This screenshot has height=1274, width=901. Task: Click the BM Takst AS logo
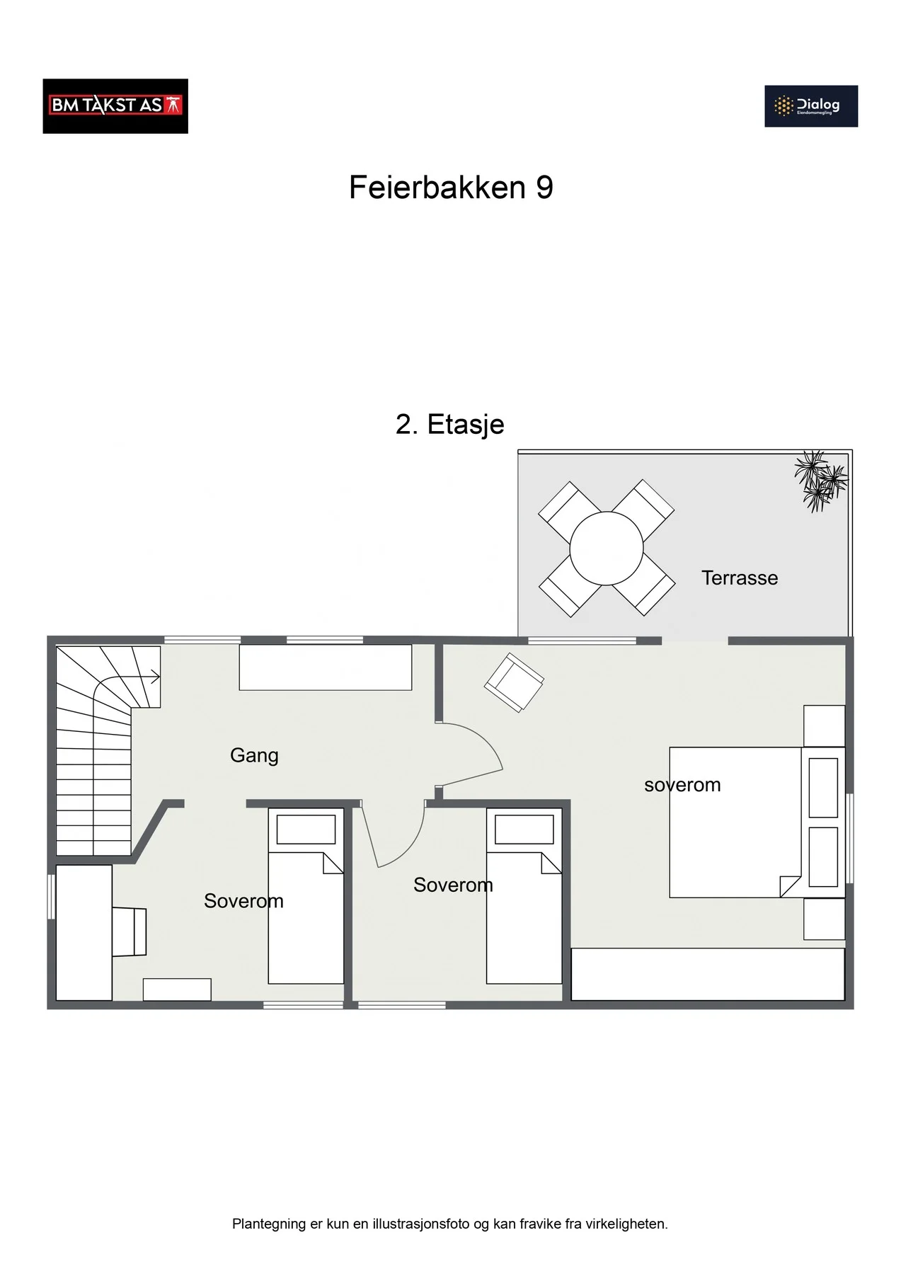[115, 106]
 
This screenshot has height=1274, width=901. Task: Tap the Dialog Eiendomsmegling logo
[811, 106]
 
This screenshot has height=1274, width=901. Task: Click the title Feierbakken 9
[451, 188]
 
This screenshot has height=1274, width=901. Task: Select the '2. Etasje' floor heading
[450, 425]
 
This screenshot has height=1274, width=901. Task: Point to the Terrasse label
[740, 578]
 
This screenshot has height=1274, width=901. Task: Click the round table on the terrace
[607, 548]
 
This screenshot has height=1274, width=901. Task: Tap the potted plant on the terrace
[820, 481]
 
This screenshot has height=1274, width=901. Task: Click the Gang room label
[254, 756]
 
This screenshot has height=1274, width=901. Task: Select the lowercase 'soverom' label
[682, 785]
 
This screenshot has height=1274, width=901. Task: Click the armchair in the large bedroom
[514, 682]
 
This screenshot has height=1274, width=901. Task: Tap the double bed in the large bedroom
[757, 822]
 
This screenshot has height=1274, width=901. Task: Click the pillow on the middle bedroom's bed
[524, 830]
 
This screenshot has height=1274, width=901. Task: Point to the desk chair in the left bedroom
[130, 932]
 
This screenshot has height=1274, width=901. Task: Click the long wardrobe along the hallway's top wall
[326, 667]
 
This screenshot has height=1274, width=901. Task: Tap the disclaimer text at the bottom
[450, 1224]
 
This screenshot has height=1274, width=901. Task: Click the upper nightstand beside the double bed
[825, 726]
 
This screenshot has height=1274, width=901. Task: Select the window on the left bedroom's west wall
[51, 897]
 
